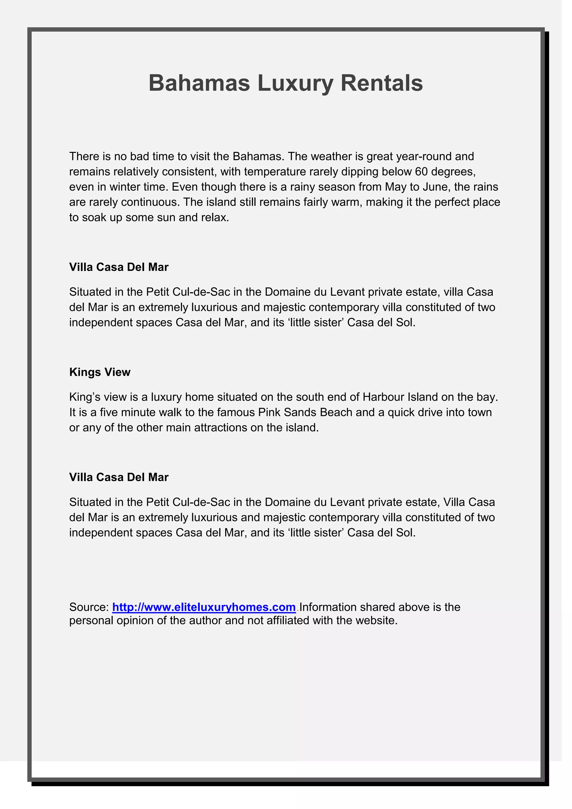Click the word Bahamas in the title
click(199, 83)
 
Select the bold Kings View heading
click(100, 372)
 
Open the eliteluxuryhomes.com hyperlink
click(204, 607)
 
